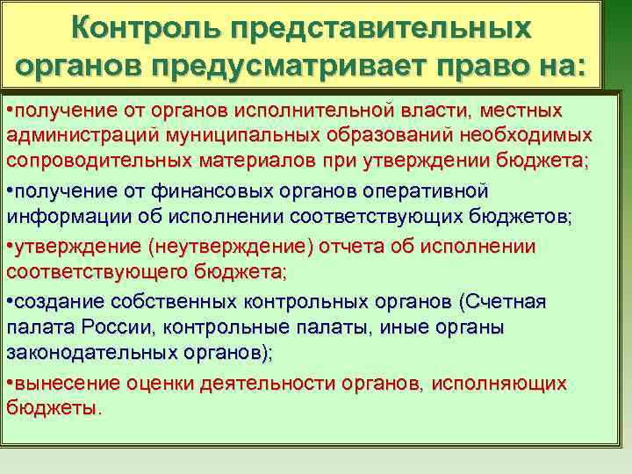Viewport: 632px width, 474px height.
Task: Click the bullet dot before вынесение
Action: coord(10,384)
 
